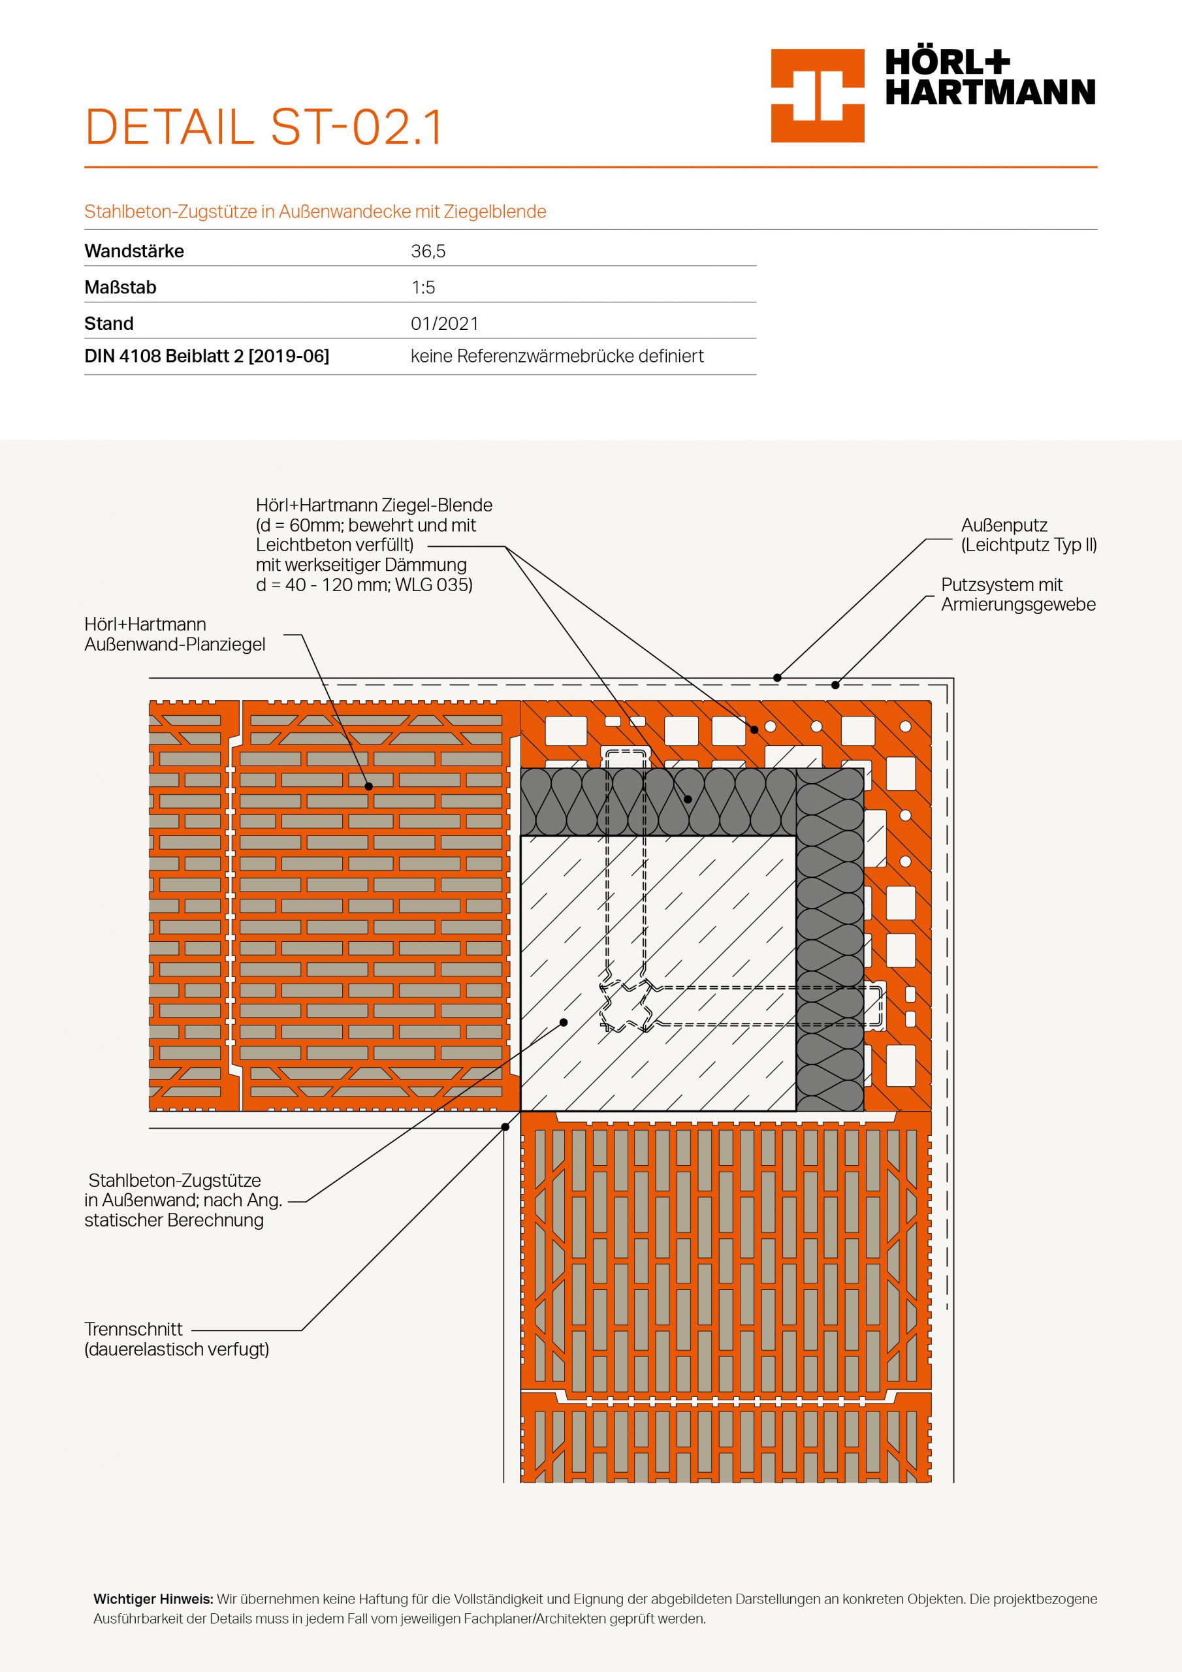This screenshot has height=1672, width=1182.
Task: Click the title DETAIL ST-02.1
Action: (264, 127)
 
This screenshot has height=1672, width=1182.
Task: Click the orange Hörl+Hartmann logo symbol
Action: (817, 95)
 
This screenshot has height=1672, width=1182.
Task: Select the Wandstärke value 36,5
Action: (428, 251)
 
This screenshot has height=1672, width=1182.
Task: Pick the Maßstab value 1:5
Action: (423, 287)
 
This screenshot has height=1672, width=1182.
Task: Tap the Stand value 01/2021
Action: (444, 323)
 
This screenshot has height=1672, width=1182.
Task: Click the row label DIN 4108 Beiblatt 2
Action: (207, 356)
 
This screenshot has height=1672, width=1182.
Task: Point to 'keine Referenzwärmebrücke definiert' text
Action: (557, 356)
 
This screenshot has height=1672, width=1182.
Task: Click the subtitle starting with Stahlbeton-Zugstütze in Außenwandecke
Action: (315, 212)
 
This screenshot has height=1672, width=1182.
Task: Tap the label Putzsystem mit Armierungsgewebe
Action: (1017, 594)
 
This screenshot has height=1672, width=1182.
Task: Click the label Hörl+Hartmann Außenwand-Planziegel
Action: (175, 634)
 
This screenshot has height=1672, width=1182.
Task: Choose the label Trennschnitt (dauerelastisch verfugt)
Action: (176, 1338)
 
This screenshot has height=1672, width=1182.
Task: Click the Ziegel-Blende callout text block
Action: (373, 545)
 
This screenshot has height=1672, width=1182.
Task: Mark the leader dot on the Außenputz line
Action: (777, 678)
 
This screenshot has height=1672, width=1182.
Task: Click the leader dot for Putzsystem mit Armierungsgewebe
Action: (835, 684)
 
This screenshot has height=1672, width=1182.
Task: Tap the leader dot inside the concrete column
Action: (564, 1022)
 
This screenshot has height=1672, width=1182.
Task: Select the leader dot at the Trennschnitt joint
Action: (505, 1127)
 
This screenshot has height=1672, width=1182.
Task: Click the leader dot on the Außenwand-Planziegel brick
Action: (368, 786)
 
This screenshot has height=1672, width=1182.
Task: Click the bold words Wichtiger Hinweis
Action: (153, 1600)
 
